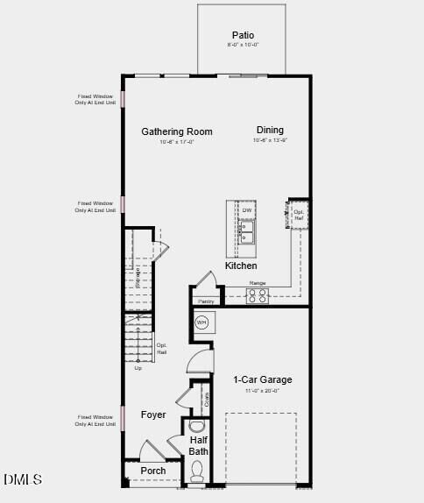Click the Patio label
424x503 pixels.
[x=243, y=35]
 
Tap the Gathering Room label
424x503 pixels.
[x=177, y=132]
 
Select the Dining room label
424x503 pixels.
[x=270, y=131]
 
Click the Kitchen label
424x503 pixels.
[x=241, y=266]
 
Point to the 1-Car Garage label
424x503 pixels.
[x=263, y=379]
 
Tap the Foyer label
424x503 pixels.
[x=153, y=414]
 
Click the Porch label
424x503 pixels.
[x=153, y=471]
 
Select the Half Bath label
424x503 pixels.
[x=199, y=445]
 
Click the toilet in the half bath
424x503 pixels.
[x=198, y=473]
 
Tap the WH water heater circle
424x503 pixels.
[x=201, y=322]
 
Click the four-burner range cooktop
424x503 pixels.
[x=258, y=296]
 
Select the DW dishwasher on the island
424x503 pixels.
[x=247, y=210]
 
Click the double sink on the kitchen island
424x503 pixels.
[x=247, y=231]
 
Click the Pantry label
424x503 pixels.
[x=205, y=301]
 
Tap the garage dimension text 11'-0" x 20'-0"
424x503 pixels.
[x=263, y=391]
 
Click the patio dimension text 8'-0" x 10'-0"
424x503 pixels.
[x=243, y=45]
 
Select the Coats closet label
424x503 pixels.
[x=207, y=399]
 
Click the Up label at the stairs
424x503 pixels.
[x=138, y=368]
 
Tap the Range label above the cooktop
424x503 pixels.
[x=258, y=283]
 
